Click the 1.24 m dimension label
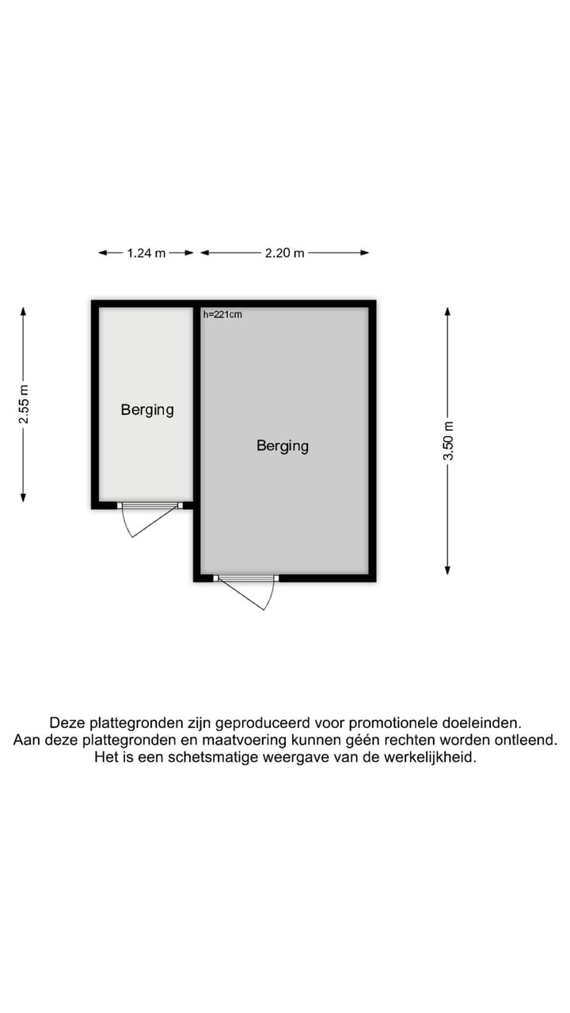coord(146,253)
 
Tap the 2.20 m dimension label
coord(285,253)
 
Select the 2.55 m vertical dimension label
coord(24,404)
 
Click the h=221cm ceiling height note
coord(222,314)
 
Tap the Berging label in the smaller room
coord(147,410)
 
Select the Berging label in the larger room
coord(283,446)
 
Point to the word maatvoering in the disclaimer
coord(229,740)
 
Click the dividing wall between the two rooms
coord(196,404)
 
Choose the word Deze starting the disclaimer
coord(67,723)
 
